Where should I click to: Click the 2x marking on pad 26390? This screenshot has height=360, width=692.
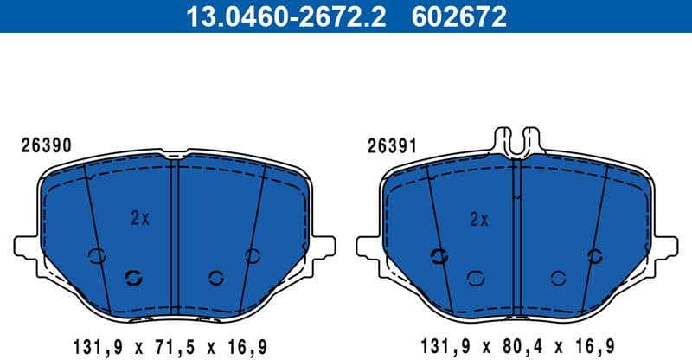pyautogui.click(x=140, y=218)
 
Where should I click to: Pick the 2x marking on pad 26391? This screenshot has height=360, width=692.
pyautogui.click(x=478, y=218)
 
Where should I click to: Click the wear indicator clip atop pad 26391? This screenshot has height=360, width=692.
pyautogui.click(x=516, y=138)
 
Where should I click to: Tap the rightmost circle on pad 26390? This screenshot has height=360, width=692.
pyautogui.click(x=253, y=255)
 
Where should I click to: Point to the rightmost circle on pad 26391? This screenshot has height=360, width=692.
pyautogui.click(x=594, y=255)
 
